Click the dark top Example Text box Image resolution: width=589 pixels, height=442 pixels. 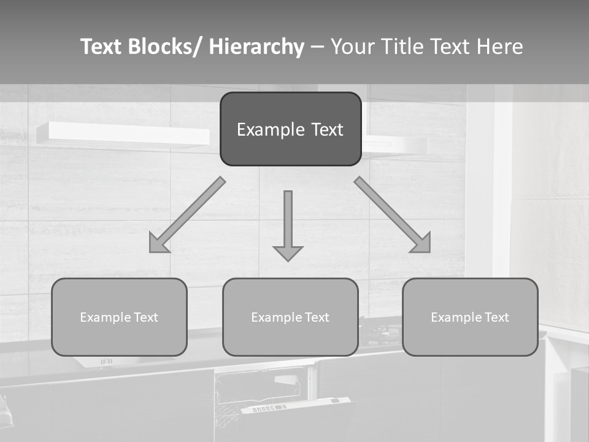290,129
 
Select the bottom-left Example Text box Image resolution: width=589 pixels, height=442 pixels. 119,317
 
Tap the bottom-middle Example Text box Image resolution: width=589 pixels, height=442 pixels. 290,317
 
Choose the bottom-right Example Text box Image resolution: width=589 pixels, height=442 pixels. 470,317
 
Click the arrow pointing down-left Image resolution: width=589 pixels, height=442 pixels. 187,215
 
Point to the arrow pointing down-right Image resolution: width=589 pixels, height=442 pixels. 393,215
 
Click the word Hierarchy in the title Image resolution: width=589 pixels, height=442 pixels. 256,47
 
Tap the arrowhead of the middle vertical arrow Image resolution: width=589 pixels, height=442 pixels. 288,252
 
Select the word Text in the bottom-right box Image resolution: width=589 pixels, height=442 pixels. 496,317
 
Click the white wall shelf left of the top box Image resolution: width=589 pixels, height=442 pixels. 123,134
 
